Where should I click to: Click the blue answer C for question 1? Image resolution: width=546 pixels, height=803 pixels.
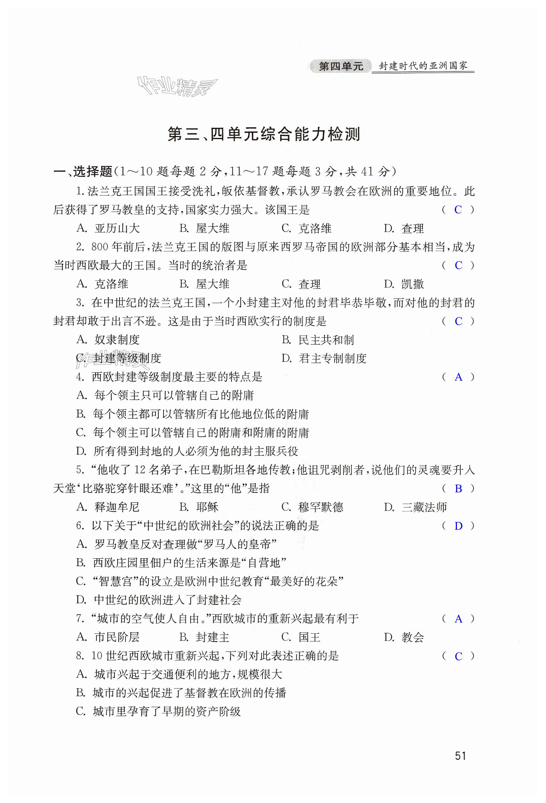(458, 210)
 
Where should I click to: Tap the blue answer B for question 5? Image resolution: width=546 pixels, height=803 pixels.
(458, 489)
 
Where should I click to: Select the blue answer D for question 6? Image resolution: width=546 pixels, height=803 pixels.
(458, 526)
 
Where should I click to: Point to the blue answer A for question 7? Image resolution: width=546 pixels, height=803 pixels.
(458, 619)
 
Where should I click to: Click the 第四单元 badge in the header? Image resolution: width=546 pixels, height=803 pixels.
(340, 66)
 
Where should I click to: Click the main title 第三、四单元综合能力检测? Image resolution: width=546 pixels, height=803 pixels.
(264, 134)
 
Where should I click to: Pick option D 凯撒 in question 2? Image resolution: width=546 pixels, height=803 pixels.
(404, 284)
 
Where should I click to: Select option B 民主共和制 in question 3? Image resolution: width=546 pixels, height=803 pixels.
(318, 340)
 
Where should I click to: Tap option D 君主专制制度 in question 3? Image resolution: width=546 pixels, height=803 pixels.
(324, 358)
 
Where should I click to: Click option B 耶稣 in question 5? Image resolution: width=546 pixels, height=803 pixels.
(199, 507)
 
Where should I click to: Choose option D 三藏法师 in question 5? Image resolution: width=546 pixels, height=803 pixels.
(415, 507)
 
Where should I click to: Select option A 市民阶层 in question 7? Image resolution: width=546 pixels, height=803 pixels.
(108, 637)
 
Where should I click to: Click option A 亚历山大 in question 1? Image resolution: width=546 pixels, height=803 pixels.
(108, 228)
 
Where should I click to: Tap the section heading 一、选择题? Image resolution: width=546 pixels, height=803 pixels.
(83, 171)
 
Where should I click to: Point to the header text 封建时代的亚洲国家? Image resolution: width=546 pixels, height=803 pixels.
(423, 66)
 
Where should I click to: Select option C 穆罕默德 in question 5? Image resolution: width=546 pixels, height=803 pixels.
(312, 507)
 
